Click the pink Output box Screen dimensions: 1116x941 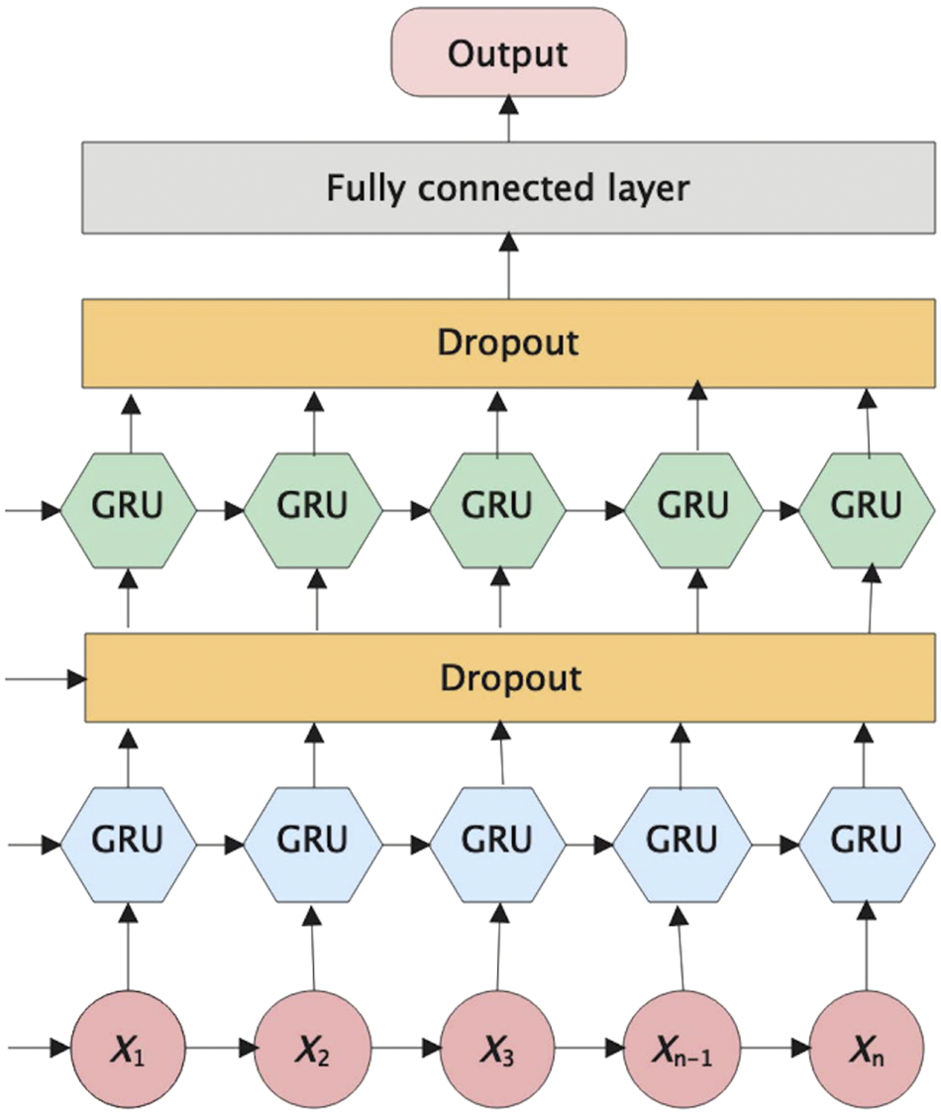click(508, 53)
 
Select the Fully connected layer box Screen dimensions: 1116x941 click(508, 187)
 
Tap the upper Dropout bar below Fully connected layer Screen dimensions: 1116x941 click(508, 343)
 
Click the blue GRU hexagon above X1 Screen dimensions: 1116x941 click(128, 843)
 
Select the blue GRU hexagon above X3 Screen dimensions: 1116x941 click(498, 843)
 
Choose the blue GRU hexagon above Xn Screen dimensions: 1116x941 click(868, 843)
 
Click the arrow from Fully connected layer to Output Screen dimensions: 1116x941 click(509, 117)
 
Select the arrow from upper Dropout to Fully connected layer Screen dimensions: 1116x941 click(509, 265)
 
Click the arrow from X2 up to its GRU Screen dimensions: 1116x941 click(314, 941)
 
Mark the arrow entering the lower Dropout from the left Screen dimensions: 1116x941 click(46, 679)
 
